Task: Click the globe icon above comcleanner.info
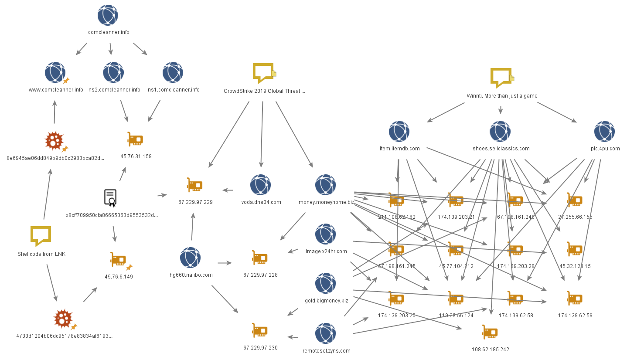pos(108,15)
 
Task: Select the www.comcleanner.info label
pos(56,90)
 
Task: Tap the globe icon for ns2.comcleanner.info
pos(113,72)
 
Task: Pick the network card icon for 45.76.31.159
pos(135,139)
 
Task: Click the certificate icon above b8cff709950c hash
pos(110,197)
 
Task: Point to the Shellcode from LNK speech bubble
pos(41,236)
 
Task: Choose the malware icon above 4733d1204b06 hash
pos(63,319)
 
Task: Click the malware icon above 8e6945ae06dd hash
pos(54,141)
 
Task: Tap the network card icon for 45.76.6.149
pos(118,259)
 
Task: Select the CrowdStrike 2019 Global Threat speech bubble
pos(263,73)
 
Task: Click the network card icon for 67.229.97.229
pos(194,185)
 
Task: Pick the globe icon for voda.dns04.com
pos(261,185)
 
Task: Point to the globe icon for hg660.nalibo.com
pos(191,258)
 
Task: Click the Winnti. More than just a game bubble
pos(501,78)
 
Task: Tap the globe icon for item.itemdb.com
pos(399,131)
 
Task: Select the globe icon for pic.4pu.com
pos(605,131)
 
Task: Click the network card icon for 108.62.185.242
pos(490,332)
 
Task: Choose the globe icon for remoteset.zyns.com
pos(326,333)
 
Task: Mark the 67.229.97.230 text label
pos(260,348)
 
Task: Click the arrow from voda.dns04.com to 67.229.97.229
pos(228,190)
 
